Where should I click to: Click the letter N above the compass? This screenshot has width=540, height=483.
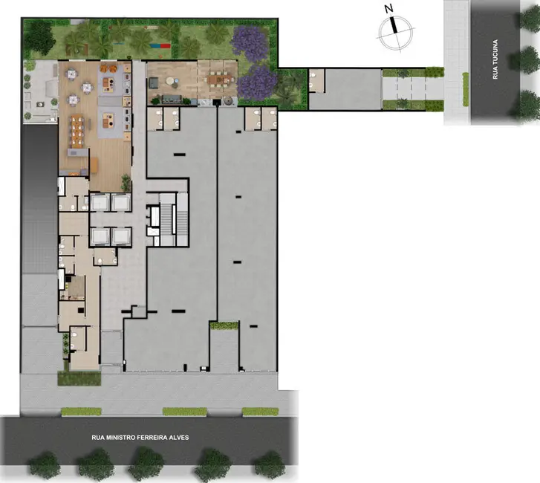[388, 10]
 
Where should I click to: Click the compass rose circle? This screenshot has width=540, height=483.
[394, 30]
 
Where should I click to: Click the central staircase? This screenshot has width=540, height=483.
[169, 215]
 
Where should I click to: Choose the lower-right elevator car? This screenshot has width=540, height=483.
[120, 236]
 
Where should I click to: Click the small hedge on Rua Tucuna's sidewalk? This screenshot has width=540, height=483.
[466, 88]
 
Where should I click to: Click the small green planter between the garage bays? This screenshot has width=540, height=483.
[224, 325]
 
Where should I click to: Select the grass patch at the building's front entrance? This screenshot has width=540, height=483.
[79, 378]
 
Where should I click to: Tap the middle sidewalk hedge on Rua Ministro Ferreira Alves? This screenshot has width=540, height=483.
[184, 412]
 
